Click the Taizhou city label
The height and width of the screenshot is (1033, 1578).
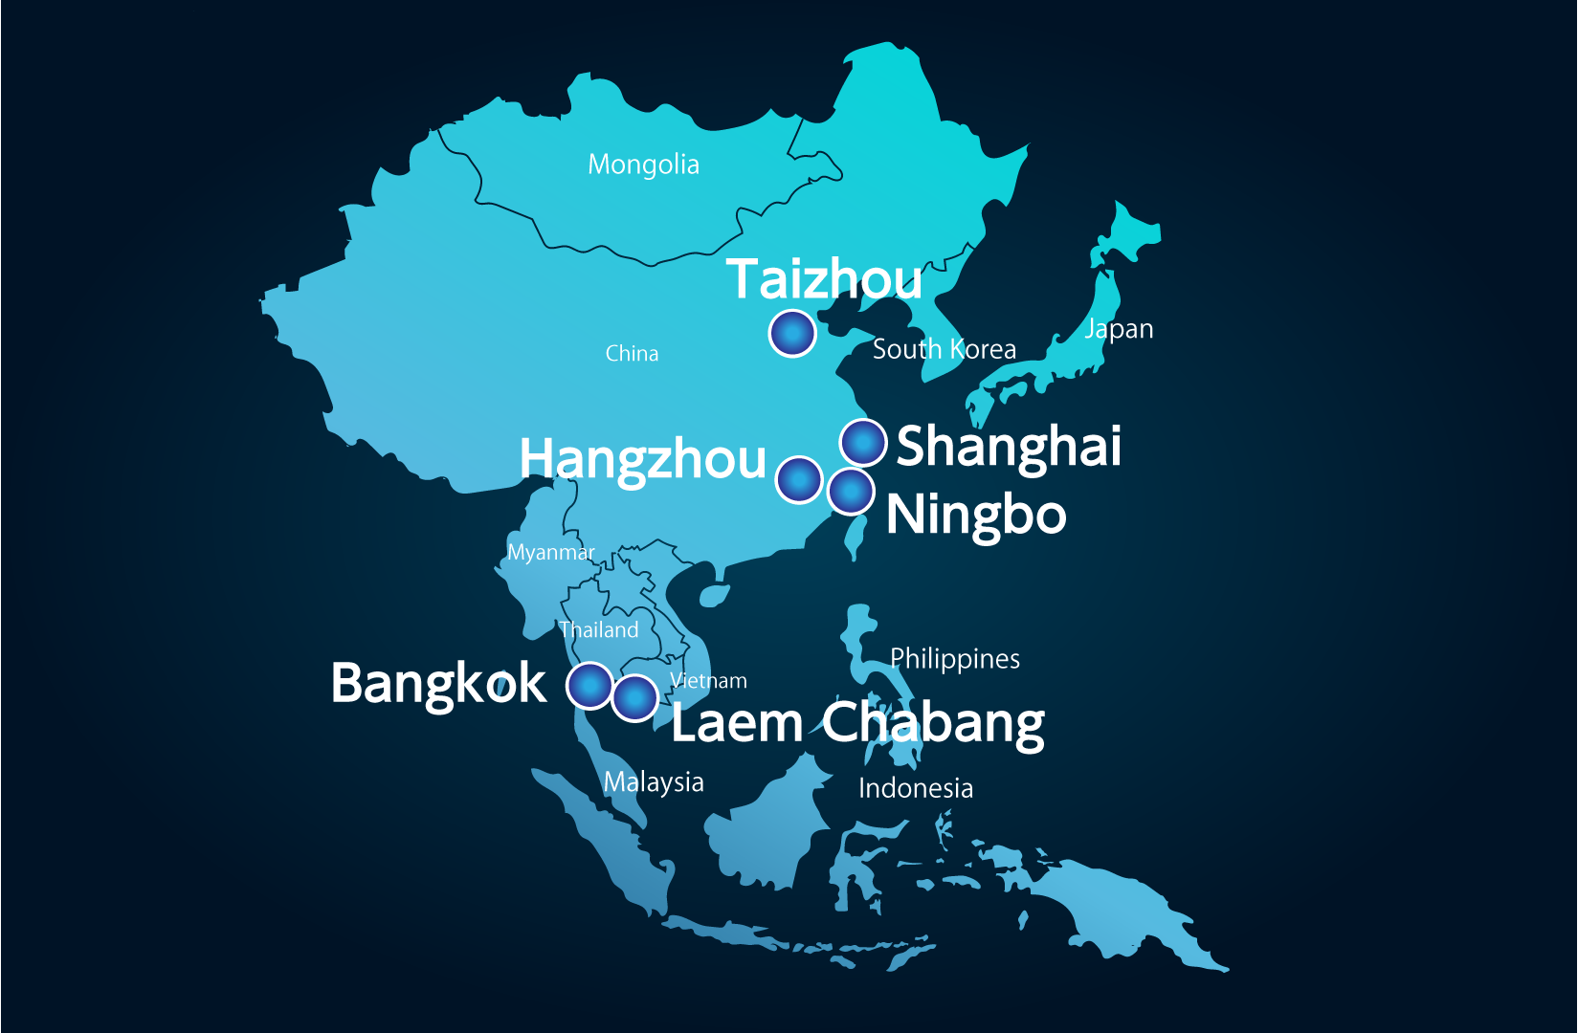coord(824,279)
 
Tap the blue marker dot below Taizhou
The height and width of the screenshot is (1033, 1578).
coord(792,334)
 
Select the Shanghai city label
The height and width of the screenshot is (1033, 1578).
coord(1009,446)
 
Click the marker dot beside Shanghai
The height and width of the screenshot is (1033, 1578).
coord(863,443)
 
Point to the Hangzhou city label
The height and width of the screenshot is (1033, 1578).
coord(642,459)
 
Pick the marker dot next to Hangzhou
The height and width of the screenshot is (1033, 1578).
coord(799,479)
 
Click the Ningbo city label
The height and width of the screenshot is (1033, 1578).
coord(976,516)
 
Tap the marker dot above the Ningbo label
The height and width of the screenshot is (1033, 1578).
coord(851,492)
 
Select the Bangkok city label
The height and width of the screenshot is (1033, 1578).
coord(438,684)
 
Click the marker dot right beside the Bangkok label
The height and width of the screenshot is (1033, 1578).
coord(589,685)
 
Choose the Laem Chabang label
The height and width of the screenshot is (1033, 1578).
coord(857,723)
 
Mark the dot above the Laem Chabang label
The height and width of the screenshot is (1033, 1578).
coord(634,697)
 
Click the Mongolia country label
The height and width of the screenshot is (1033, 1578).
coord(643,165)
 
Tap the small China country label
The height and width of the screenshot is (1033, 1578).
coord(632,354)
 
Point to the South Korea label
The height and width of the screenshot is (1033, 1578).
coord(944,349)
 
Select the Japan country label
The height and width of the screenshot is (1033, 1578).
coord(1118,329)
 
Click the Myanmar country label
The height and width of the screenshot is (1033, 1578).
coord(550,553)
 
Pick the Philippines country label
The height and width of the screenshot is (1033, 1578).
coord(954,659)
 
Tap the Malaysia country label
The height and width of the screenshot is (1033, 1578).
coord(654,782)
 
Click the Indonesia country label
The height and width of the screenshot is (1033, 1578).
coord(915,788)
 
